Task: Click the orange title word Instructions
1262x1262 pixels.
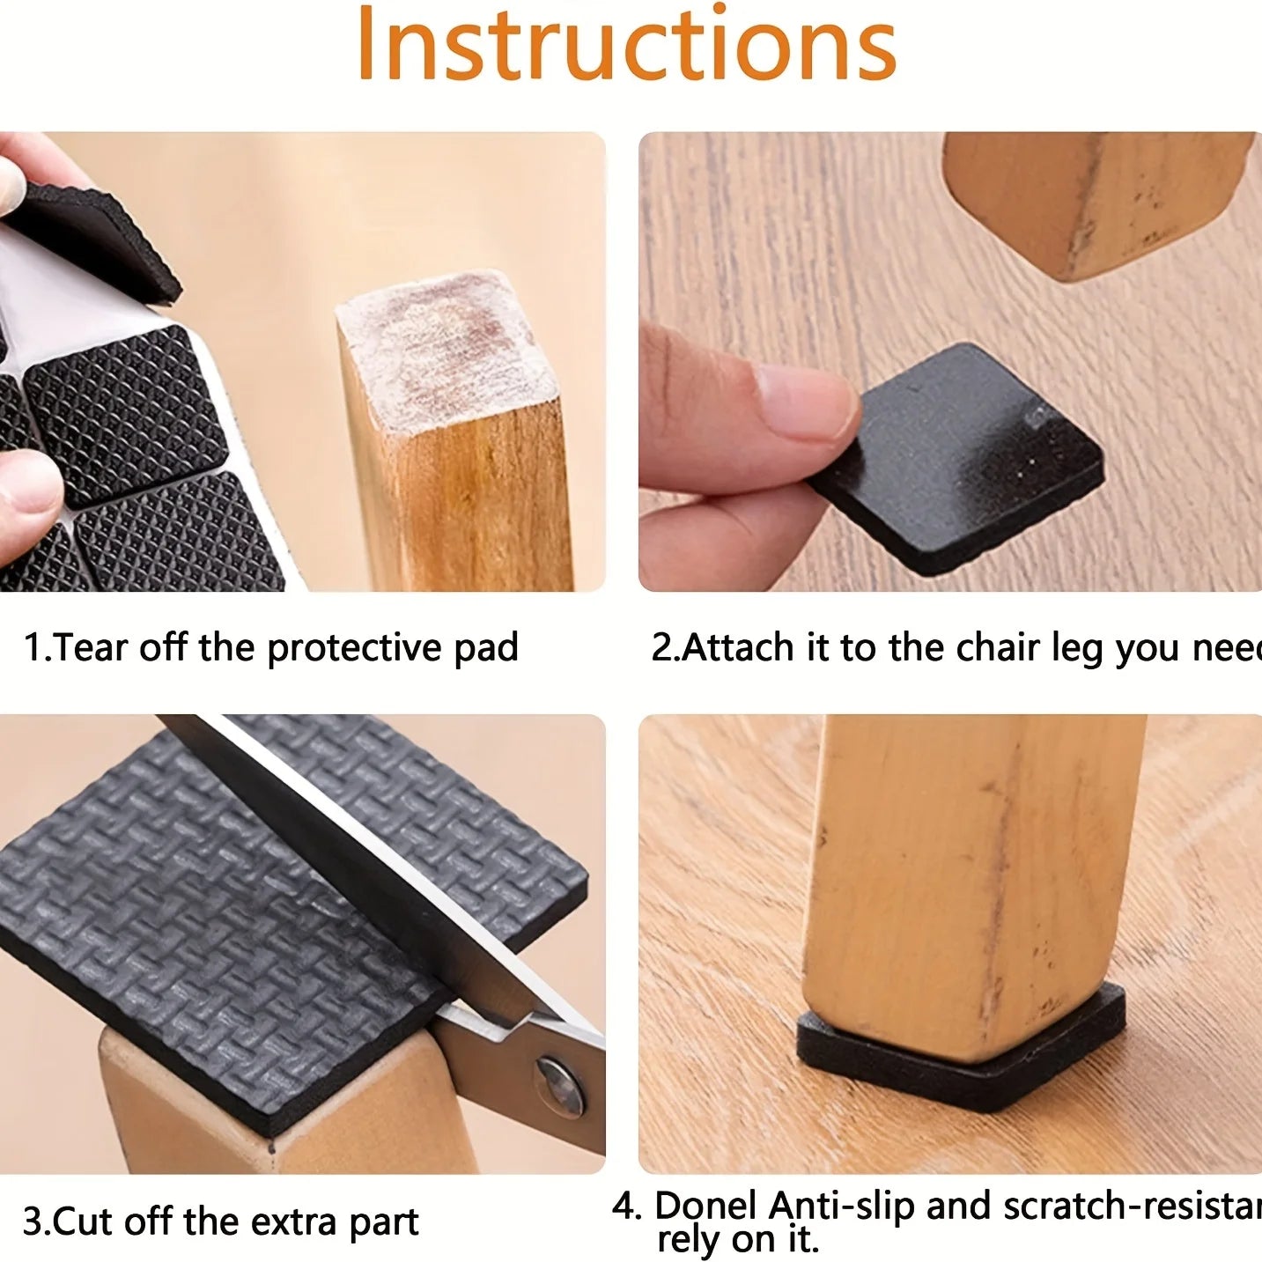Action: click(626, 44)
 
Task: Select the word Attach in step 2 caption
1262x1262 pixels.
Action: click(738, 648)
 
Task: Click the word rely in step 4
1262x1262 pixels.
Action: click(686, 1239)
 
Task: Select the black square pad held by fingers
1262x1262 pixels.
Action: click(969, 458)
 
